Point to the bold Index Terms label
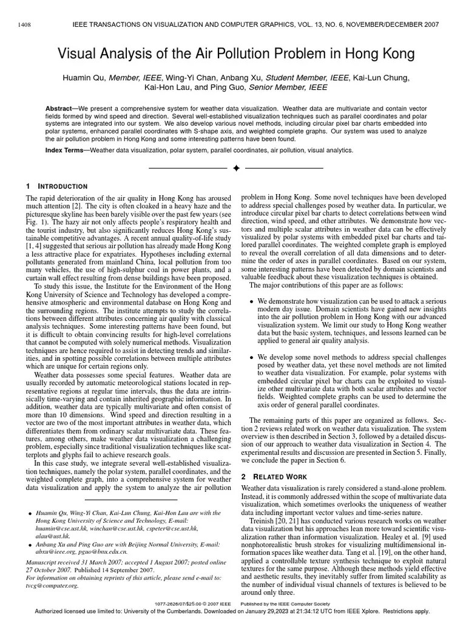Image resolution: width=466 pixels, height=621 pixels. (67, 150)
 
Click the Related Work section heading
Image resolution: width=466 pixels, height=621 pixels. (274, 475)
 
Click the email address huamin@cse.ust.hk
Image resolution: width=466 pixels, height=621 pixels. (61, 529)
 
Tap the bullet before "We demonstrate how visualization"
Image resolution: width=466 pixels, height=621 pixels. (252, 301)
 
